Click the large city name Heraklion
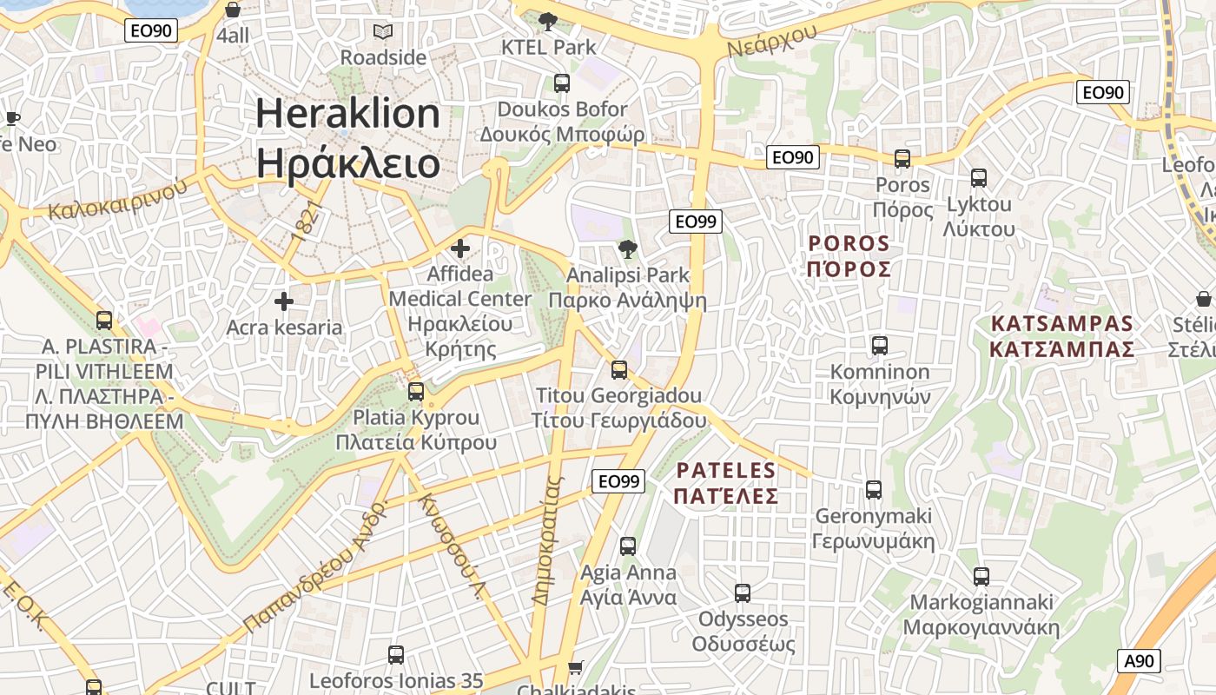347,115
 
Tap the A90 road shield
1138,661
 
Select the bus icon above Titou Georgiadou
619,370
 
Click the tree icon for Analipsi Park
625,250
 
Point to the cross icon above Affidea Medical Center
460,249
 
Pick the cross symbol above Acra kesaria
283,302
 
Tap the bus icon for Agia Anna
628,546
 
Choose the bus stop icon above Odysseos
743,593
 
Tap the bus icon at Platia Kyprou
416,392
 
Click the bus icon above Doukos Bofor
562,83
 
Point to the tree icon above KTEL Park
548,21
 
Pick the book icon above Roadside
383,32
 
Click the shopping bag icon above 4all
233,10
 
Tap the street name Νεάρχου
772,40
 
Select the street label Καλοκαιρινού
118,199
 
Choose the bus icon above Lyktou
979,178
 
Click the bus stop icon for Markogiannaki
981,577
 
